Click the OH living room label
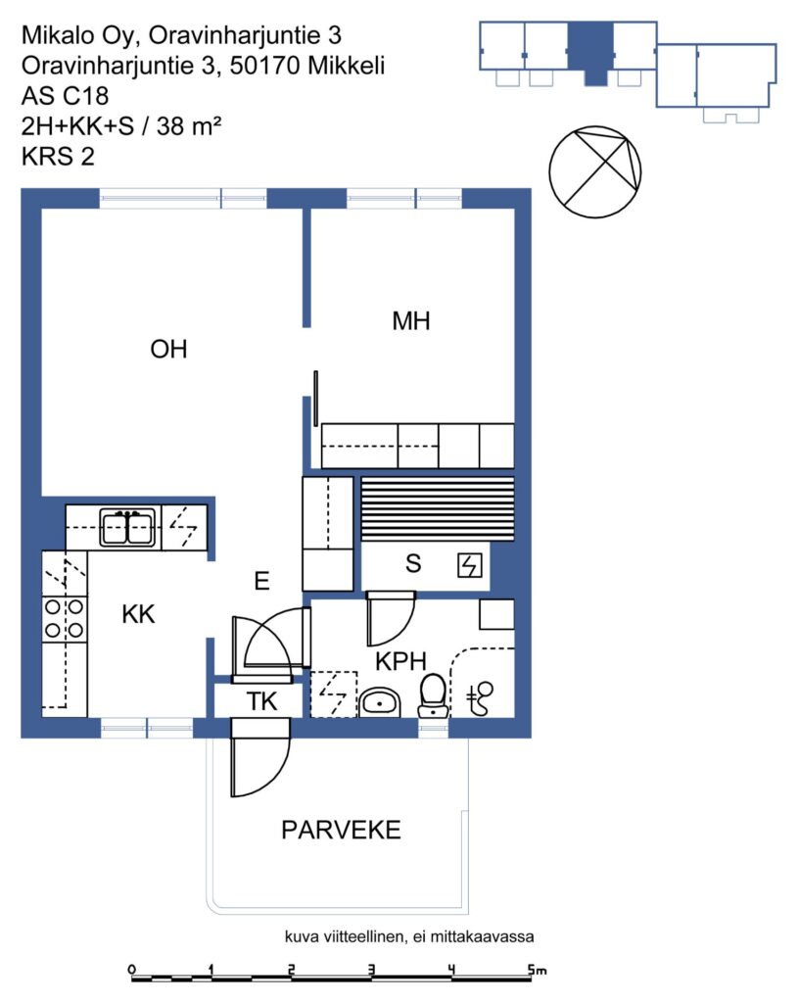pyautogui.click(x=168, y=350)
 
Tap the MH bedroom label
pyautogui.click(x=411, y=321)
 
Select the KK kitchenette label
pyautogui.click(x=138, y=614)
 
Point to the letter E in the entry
pyautogui.click(x=261, y=581)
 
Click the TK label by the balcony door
pyautogui.click(x=262, y=701)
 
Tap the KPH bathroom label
pyautogui.click(x=400, y=661)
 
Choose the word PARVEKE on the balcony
pyautogui.click(x=341, y=830)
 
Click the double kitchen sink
pyautogui.click(x=128, y=528)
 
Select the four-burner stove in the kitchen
pyautogui.click(x=64, y=618)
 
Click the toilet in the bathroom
pyautogui.click(x=433, y=695)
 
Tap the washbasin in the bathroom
pyautogui.click(x=380, y=703)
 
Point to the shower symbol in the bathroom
pyautogui.click(x=480, y=697)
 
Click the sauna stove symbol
pyautogui.click(x=469, y=565)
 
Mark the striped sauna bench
pyautogui.click(x=438, y=509)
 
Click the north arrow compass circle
pyautogui.click(x=595, y=170)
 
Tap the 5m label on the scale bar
pyautogui.click(x=538, y=969)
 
